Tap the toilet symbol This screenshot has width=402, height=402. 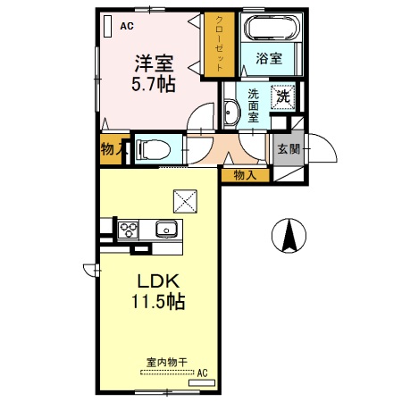click(x=153, y=149)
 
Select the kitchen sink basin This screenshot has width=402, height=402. click(x=166, y=230)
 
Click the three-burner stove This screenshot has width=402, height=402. click(x=128, y=230)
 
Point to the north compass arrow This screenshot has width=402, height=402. click(x=289, y=235)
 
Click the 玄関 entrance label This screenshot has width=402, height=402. click(x=289, y=149)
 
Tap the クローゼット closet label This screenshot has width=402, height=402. click(x=220, y=44)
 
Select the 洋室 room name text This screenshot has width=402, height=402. click(x=154, y=63)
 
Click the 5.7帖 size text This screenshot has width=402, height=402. click(x=154, y=84)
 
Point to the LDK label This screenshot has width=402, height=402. click(x=158, y=281)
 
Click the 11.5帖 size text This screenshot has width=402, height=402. click(x=158, y=301)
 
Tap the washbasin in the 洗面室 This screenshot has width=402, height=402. click(x=231, y=113)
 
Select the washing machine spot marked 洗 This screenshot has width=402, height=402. click(x=283, y=96)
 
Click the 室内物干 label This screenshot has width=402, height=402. click(x=167, y=363)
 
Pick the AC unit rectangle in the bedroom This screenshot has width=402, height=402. click(x=107, y=26)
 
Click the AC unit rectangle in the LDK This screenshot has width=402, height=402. click(x=202, y=382)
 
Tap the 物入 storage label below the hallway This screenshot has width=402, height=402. click(x=245, y=175)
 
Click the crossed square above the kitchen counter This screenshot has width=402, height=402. click(x=185, y=201)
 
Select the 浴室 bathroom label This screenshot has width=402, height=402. click(x=269, y=58)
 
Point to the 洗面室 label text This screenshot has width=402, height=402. click(x=253, y=105)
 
